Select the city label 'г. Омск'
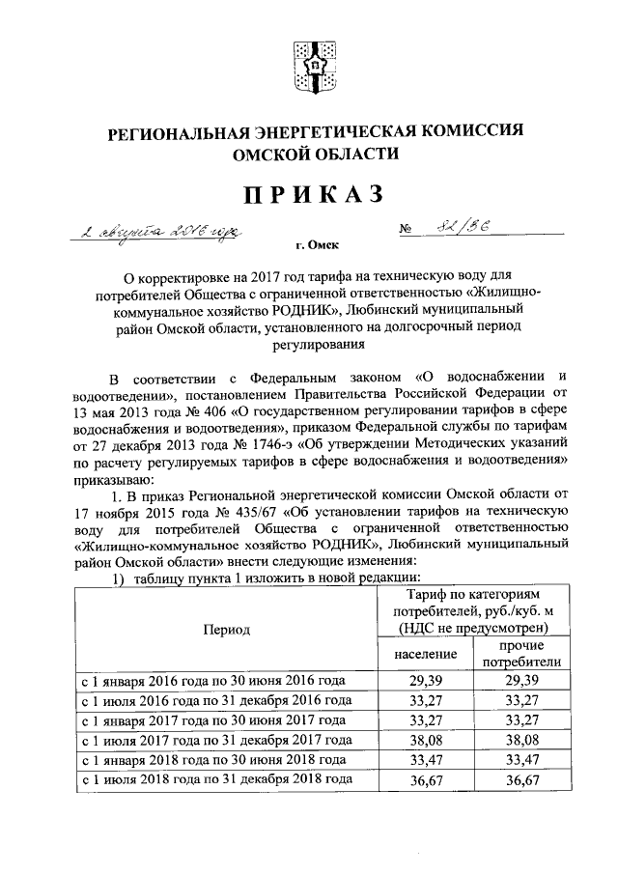tap(310, 247)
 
